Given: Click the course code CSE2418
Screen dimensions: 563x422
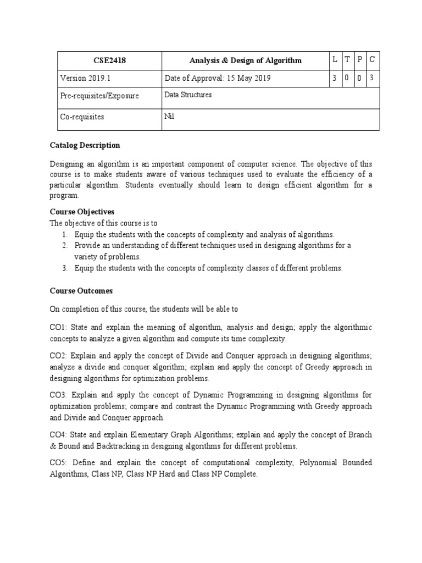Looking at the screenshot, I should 110,60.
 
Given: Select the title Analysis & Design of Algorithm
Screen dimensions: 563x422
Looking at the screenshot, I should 245,60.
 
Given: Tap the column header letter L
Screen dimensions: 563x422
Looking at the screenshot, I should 335,59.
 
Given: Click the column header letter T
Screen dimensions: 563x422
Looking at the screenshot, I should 347,59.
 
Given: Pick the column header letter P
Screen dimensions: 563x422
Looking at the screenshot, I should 359,59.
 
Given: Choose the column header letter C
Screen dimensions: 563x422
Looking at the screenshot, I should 372,59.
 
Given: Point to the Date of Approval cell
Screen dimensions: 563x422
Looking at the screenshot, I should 218,78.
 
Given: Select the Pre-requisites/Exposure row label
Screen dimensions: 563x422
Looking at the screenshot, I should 99,96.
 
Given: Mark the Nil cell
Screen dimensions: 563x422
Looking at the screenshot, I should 169,115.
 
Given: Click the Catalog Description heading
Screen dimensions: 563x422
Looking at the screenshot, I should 85,145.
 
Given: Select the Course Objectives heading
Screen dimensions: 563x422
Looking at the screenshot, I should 82,212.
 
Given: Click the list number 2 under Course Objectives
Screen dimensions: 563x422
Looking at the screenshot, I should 64,245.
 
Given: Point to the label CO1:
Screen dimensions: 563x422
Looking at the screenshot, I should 58,327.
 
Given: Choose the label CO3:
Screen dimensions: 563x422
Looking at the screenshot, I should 58,395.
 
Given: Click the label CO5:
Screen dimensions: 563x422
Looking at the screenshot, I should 58,463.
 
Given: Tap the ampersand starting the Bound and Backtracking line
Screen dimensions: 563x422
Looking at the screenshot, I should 53,445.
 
